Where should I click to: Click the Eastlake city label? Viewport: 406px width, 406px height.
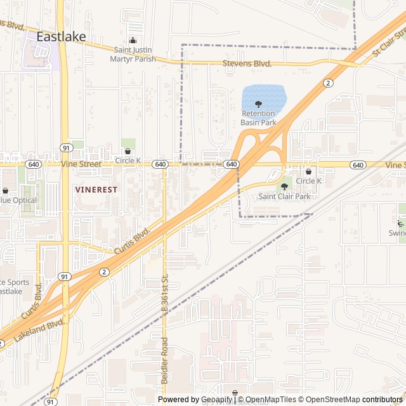61,37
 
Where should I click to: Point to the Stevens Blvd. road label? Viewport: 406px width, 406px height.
247,63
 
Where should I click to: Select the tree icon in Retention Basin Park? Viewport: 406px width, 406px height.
258,105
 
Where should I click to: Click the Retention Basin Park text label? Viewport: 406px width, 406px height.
258,118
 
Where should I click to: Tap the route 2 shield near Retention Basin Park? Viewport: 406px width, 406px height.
328,82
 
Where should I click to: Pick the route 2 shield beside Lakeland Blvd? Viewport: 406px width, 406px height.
103,272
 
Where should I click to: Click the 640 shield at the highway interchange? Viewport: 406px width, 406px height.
232,164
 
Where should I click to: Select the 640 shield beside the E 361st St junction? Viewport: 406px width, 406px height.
160,164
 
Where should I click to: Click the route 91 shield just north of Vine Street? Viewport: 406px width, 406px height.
66,148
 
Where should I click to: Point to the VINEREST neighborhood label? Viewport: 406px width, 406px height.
96,189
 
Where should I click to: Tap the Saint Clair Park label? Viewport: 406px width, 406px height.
284,197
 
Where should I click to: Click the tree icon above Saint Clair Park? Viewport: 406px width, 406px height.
284,187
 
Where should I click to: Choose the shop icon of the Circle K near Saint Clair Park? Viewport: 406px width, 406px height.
309,171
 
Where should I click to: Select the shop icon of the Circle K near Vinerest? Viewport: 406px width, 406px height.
128,152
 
